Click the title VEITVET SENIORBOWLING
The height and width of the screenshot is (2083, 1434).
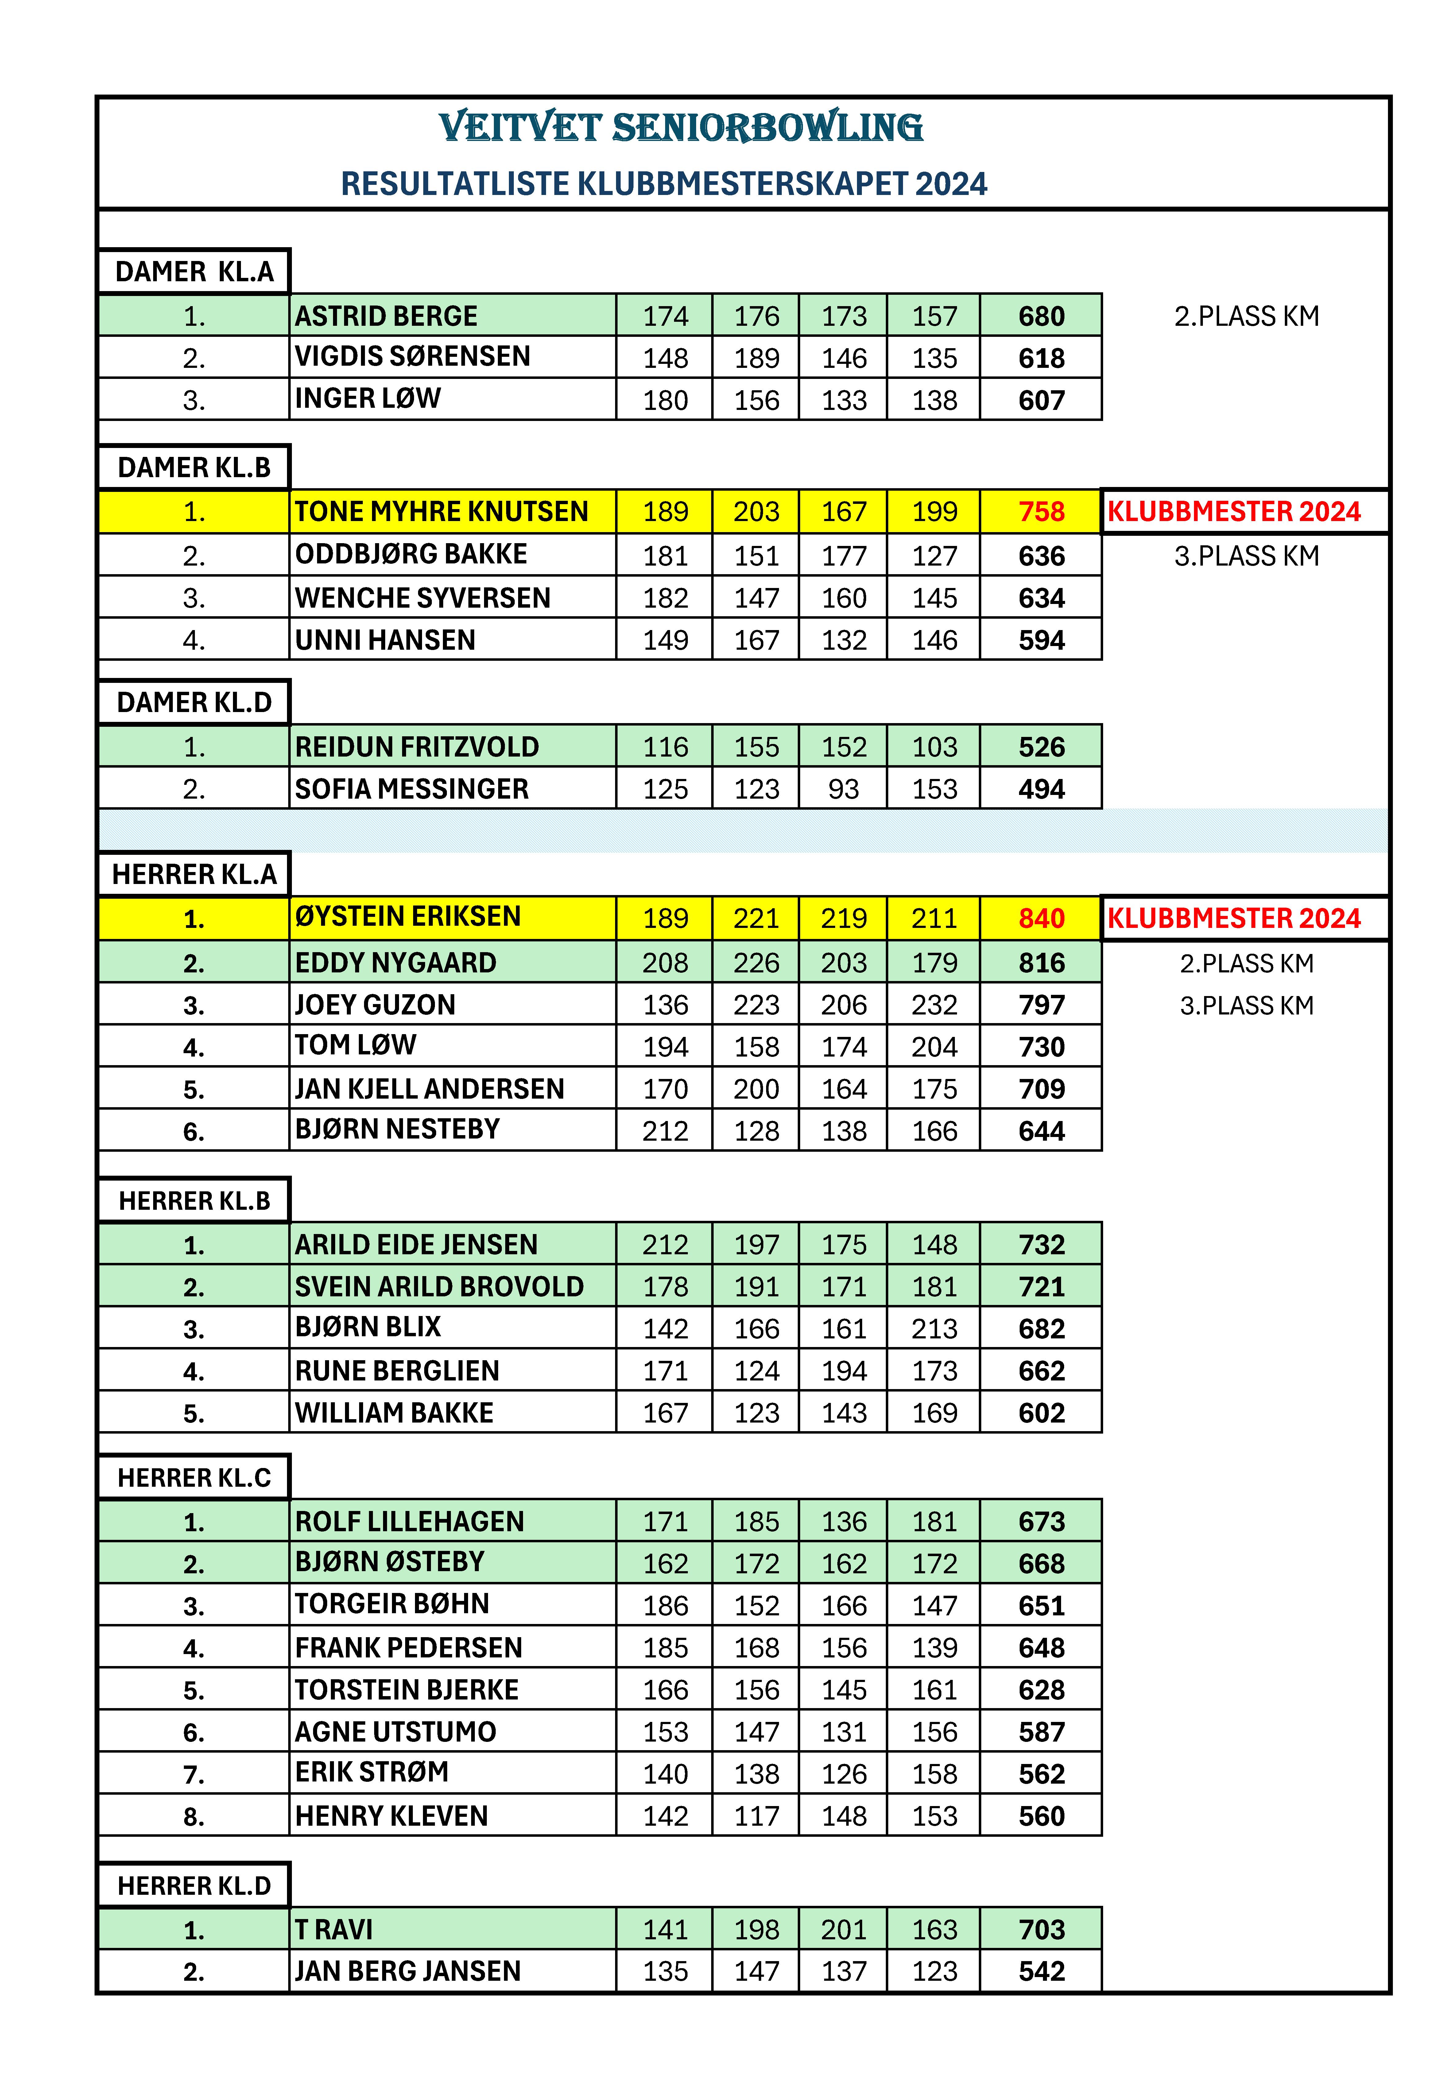(x=680, y=128)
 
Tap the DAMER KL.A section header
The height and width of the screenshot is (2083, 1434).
(x=194, y=271)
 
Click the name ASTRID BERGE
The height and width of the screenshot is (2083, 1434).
(x=386, y=316)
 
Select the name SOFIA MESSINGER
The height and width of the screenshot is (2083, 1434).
(x=412, y=789)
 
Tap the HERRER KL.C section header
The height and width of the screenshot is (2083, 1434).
(x=194, y=1478)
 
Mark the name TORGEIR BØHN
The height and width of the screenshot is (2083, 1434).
(x=392, y=1604)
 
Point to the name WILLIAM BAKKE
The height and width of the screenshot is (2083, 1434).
(x=394, y=1413)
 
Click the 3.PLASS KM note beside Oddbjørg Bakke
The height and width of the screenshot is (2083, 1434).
(x=1246, y=556)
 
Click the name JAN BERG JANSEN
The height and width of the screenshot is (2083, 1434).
(x=408, y=1972)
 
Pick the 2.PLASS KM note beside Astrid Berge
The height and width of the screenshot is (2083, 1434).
(x=1246, y=316)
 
